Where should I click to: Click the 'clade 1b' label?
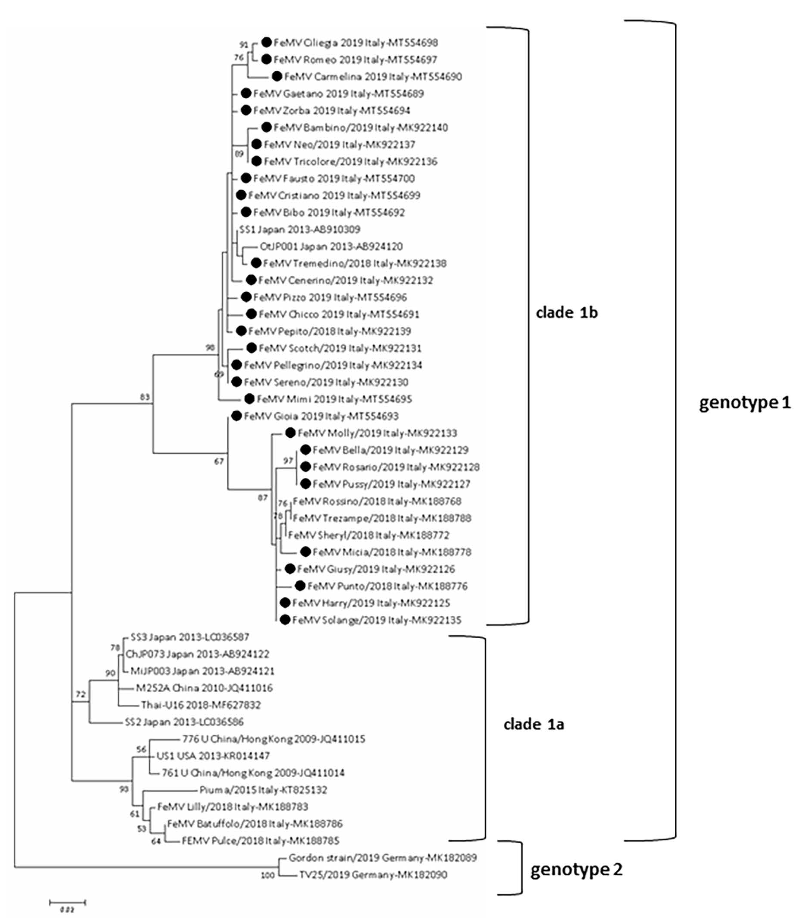click(x=567, y=312)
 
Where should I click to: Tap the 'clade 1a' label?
click(x=533, y=724)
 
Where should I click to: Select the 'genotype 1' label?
click(x=745, y=403)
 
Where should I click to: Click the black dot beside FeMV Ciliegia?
click(x=267, y=43)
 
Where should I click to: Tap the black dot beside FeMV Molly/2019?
click(x=290, y=433)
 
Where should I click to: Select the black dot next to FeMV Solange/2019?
click(x=285, y=620)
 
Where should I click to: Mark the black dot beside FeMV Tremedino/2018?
click(x=256, y=263)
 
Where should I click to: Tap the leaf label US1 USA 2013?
click(x=213, y=756)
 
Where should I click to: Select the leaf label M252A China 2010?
click(x=204, y=688)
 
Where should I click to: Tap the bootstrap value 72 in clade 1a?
click(x=80, y=694)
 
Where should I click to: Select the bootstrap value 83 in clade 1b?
click(x=145, y=397)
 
